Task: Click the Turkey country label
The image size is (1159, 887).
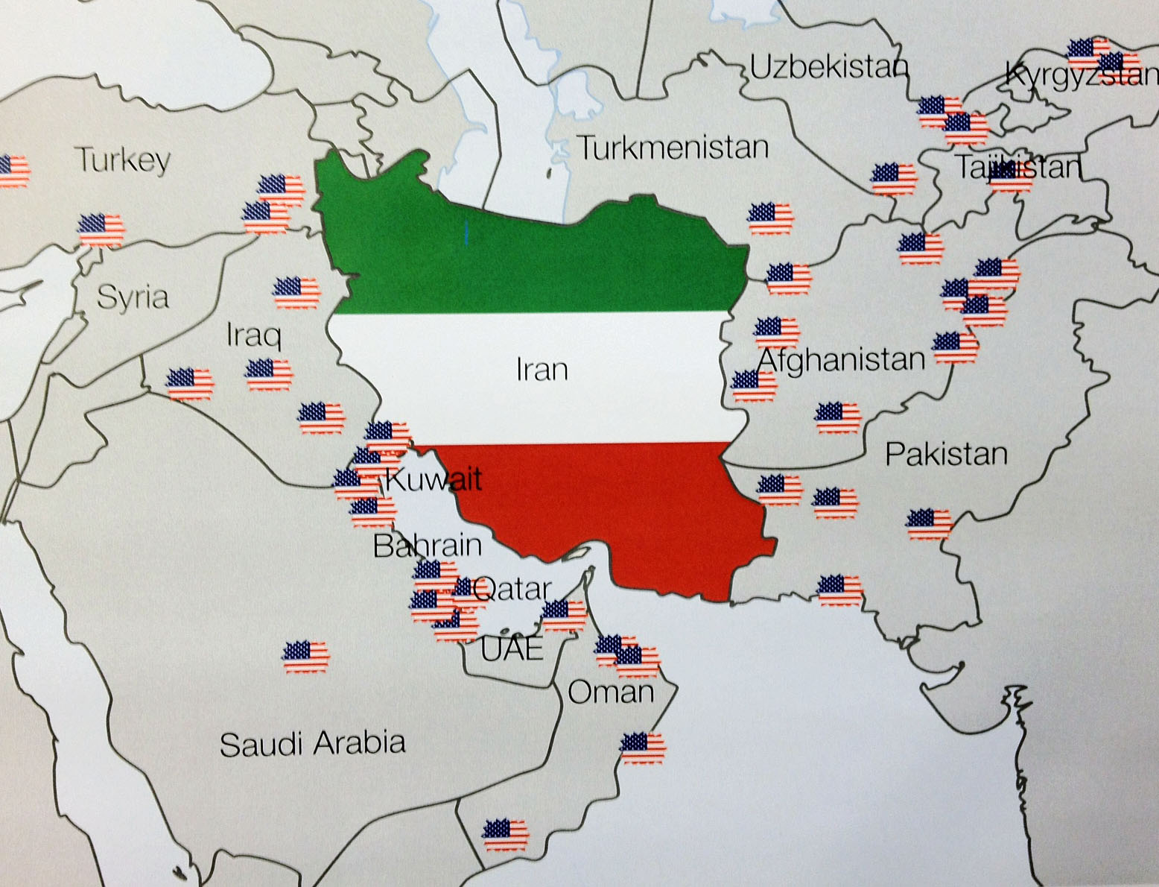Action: (x=123, y=160)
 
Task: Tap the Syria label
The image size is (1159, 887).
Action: (x=133, y=297)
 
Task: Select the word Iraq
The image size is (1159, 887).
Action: (x=254, y=335)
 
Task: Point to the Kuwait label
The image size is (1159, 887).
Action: (x=434, y=479)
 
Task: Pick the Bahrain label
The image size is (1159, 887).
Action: (x=427, y=546)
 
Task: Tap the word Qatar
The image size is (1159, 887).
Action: (x=512, y=590)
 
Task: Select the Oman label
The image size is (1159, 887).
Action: (x=611, y=692)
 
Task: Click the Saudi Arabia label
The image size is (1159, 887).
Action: (x=313, y=744)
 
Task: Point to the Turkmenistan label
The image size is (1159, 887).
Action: (x=673, y=148)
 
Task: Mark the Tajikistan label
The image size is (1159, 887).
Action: (x=1018, y=167)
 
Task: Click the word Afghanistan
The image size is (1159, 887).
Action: (x=841, y=360)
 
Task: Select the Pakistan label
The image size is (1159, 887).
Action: (x=946, y=454)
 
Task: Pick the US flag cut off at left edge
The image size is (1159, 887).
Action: (x=13, y=171)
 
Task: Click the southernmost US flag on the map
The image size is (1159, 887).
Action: (x=506, y=835)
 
